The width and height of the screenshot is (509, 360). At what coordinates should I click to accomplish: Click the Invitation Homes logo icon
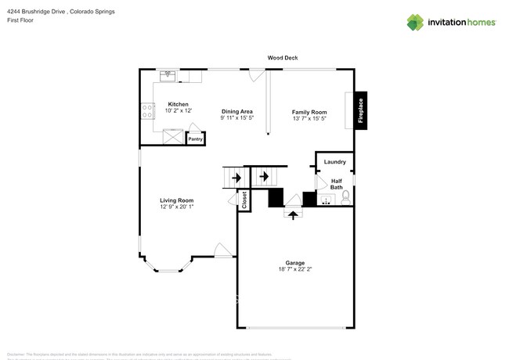(x=415, y=22)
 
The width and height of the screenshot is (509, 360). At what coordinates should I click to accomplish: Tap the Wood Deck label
(x=282, y=58)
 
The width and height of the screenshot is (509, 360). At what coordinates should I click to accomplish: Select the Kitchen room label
(x=178, y=104)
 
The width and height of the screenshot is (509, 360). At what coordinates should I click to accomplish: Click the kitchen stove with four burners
(x=146, y=111)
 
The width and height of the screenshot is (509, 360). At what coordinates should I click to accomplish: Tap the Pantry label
(x=195, y=139)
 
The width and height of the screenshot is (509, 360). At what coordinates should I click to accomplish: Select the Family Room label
(x=309, y=112)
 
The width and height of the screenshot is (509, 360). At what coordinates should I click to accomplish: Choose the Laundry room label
(x=334, y=162)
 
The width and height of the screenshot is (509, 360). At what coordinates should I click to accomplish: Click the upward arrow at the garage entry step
(x=294, y=212)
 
